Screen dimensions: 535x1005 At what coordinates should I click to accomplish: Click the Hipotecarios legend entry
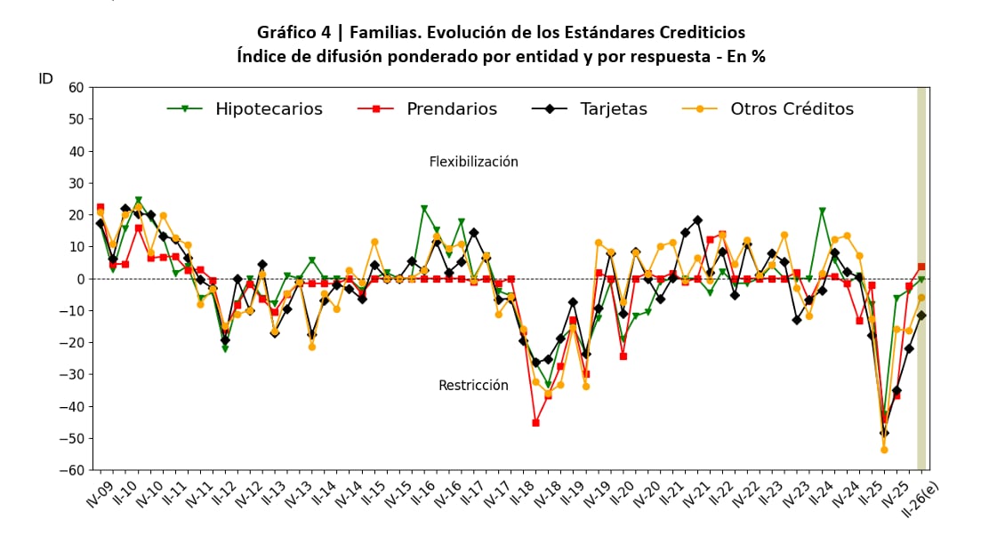click(245, 109)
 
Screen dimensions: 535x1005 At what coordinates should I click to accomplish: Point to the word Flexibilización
click(473, 162)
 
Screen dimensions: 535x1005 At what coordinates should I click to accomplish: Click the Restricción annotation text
click(473, 386)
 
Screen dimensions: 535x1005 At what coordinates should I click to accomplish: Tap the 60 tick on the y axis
click(75, 88)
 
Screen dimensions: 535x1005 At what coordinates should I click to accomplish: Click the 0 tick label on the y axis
click(79, 279)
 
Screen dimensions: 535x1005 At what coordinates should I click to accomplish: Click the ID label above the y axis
click(46, 79)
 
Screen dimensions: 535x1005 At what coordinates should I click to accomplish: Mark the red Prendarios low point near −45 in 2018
click(535, 423)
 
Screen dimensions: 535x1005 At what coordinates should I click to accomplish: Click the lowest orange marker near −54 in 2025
click(884, 450)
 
